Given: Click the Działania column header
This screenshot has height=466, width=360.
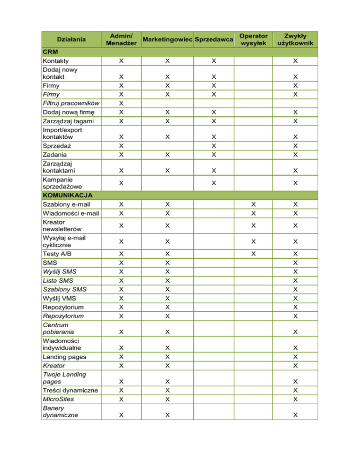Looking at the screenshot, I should (72, 39).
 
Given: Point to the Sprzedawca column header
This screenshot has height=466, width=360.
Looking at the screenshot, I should (214, 39).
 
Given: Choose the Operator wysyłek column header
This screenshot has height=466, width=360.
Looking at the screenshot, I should (253, 39).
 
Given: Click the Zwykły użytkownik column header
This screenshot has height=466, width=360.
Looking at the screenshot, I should (295, 39).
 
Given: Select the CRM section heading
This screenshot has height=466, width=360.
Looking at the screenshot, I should (50, 52).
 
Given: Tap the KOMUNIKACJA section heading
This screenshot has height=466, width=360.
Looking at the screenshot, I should (67, 194).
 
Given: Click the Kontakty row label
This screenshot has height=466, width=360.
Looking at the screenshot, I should (55, 61).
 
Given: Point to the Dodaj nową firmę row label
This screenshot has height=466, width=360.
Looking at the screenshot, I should (67, 112).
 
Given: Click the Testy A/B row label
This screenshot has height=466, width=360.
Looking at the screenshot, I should (56, 254).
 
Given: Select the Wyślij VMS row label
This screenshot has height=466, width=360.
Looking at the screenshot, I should (59, 299).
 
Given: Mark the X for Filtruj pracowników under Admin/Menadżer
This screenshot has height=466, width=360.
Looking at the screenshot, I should (121, 103).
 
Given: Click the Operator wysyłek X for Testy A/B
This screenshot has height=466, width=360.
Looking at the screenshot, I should (253, 254).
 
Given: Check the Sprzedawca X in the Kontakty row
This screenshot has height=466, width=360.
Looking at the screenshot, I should (214, 61).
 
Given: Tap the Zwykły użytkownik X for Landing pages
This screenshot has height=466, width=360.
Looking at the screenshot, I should (295, 357).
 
